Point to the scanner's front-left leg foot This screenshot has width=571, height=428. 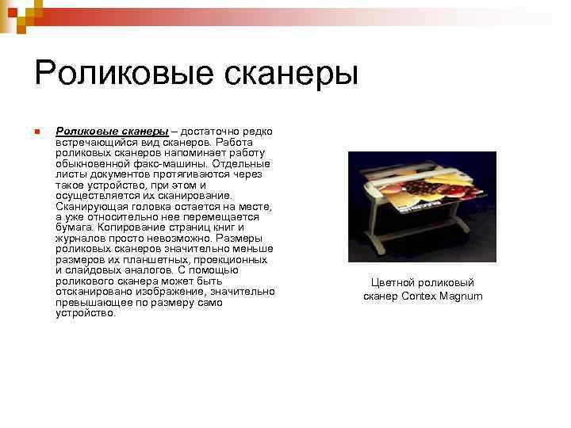[x=375, y=252]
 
